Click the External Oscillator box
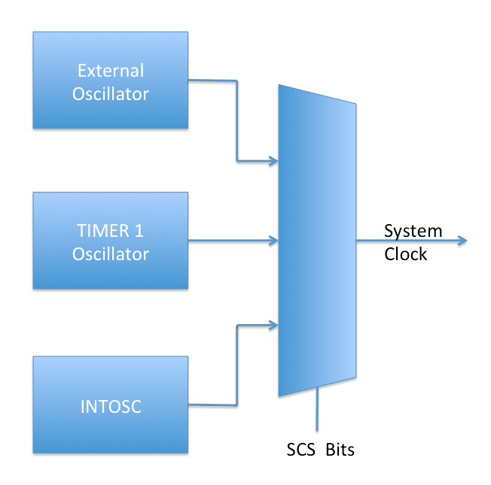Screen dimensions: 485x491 tap(110, 80)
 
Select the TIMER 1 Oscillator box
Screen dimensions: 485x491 tap(110, 241)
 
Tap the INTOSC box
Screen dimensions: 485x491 tap(110, 406)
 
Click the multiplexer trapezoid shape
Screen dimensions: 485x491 tap(316, 241)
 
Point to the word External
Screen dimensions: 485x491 tap(111, 71)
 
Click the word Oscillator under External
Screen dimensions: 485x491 tap(111, 94)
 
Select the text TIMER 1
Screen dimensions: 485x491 tap(111, 232)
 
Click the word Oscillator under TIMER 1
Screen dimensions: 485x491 tap(111, 254)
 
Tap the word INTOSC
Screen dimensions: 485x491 tap(111, 408)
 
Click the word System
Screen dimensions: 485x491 tap(413, 231)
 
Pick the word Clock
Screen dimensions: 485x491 tap(405, 254)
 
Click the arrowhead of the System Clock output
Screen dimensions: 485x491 tap(462, 241)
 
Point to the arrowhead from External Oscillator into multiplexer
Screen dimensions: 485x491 tap(273, 160)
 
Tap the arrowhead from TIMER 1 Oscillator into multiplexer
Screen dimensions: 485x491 tap(273, 241)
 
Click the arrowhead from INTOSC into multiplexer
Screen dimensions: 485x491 tap(273, 326)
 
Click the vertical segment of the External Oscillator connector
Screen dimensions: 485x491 tap(237, 120)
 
